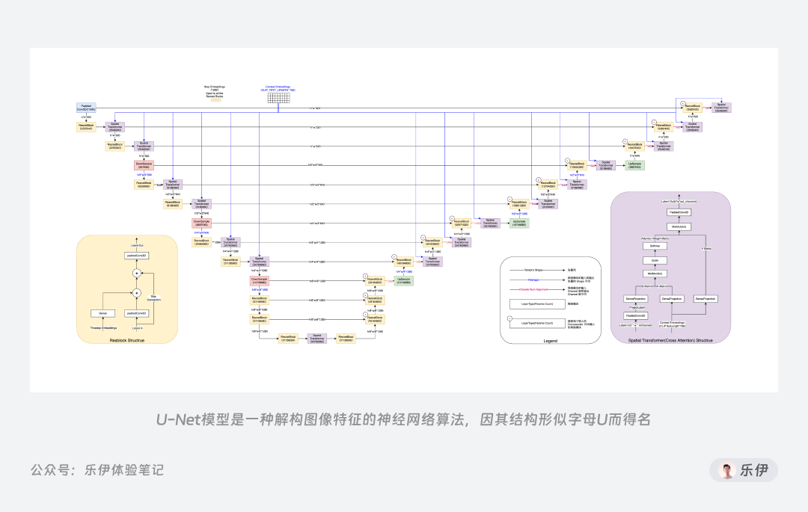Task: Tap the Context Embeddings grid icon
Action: tap(278, 97)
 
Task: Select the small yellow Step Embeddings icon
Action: tap(216, 99)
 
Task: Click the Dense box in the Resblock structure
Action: tap(102, 313)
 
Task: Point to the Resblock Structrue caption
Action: tap(126, 341)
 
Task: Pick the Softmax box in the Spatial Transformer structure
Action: tap(654, 245)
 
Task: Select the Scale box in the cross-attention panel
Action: tap(654, 260)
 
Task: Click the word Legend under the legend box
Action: tap(550, 341)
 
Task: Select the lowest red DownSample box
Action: tap(259, 281)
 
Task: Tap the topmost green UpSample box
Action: tap(635, 164)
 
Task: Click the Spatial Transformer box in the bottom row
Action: tap(316, 339)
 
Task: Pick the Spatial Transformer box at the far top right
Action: tap(721, 108)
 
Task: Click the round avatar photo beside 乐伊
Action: tap(726, 470)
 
